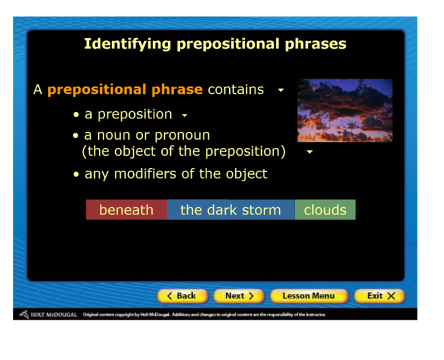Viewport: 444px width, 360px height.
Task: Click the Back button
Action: (x=183, y=296)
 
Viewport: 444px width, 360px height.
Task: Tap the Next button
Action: (x=239, y=296)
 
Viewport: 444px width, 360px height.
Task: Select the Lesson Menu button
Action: (x=309, y=296)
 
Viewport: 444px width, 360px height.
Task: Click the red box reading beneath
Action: (x=127, y=210)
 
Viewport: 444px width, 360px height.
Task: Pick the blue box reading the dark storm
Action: (x=231, y=210)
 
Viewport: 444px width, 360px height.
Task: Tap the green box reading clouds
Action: (x=325, y=210)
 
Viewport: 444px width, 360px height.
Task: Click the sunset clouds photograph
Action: (x=345, y=111)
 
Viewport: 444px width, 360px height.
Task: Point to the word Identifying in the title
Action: (x=128, y=44)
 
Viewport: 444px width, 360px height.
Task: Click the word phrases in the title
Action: (x=315, y=44)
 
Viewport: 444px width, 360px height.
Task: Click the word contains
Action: (x=236, y=89)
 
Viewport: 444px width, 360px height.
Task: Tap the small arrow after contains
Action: (x=281, y=91)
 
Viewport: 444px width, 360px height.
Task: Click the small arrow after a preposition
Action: (x=185, y=116)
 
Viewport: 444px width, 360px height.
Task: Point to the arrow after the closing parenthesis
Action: (x=310, y=152)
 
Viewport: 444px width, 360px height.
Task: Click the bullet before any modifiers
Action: (x=76, y=174)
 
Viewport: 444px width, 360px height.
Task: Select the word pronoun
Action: (x=183, y=136)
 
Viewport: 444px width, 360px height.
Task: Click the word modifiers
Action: (x=145, y=174)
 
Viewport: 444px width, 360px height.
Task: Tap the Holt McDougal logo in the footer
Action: (x=48, y=314)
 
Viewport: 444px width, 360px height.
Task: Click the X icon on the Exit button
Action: (x=391, y=296)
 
